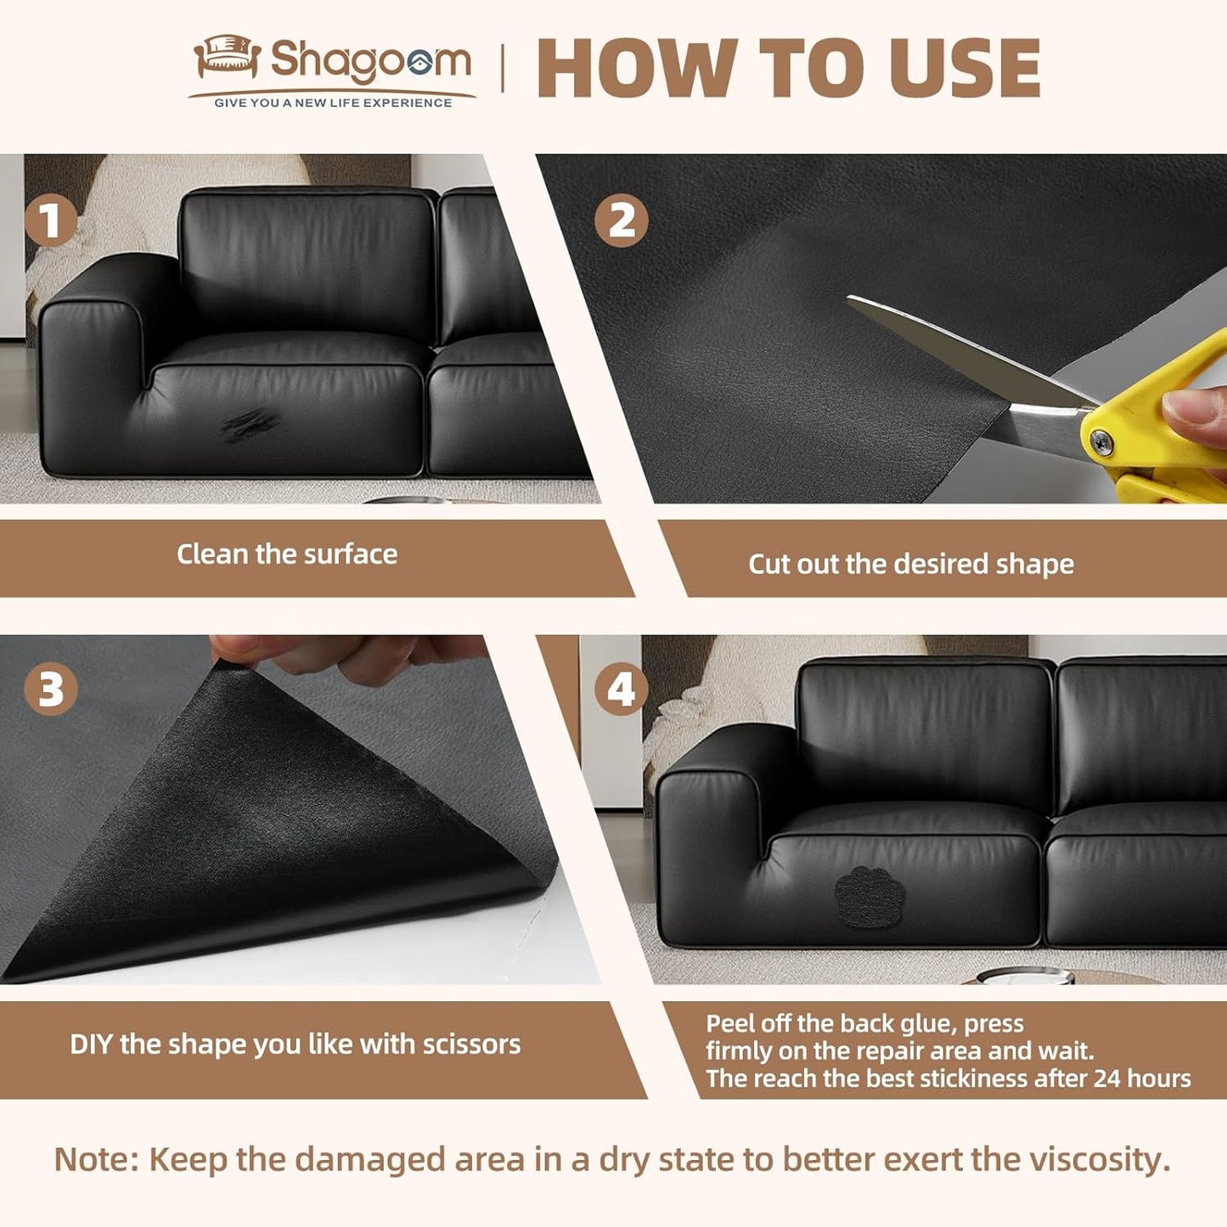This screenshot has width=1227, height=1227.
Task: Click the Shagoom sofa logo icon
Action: pyautogui.click(x=226, y=57)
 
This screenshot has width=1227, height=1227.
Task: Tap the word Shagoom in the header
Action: pyautogui.click(x=370, y=61)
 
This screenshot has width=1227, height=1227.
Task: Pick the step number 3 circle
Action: pyautogui.click(x=51, y=688)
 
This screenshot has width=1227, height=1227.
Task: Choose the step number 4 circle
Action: pyautogui.click(x=621, y=688)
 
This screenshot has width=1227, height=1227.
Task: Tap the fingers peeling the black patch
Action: pyautogui.click(x=357, y=654)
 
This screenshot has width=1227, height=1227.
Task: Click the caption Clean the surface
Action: pyautogui.click(x=287, y=554)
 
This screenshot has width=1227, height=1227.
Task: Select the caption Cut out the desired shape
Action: pyautogui.click(x=910, y=565)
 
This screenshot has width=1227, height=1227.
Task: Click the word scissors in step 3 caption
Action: pyautogui.click(x=471, y=1044)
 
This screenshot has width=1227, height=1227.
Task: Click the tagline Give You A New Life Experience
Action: pyautogui.click(x=333, y=103)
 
